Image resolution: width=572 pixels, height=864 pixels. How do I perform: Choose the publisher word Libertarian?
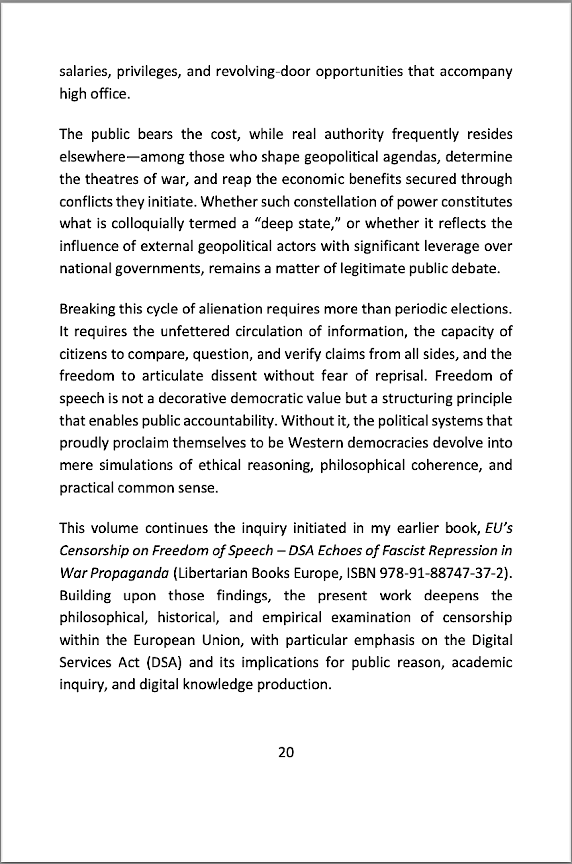212,573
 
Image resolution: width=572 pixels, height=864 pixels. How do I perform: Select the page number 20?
286,752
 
